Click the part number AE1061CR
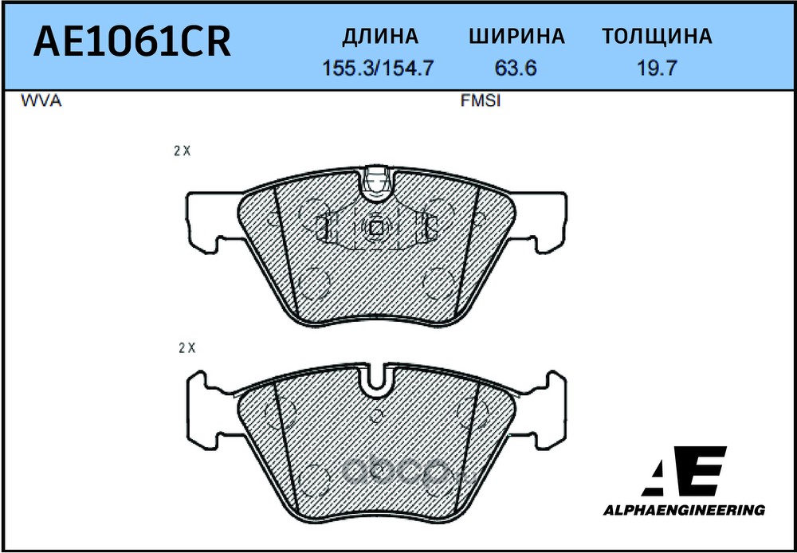132,43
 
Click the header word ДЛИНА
379,37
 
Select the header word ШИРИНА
516,37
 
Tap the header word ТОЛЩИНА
656,37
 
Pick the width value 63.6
516,69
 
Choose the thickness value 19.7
657,69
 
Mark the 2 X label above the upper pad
182,151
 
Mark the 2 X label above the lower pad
186,347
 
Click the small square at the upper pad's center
375,227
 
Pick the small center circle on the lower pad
376,415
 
